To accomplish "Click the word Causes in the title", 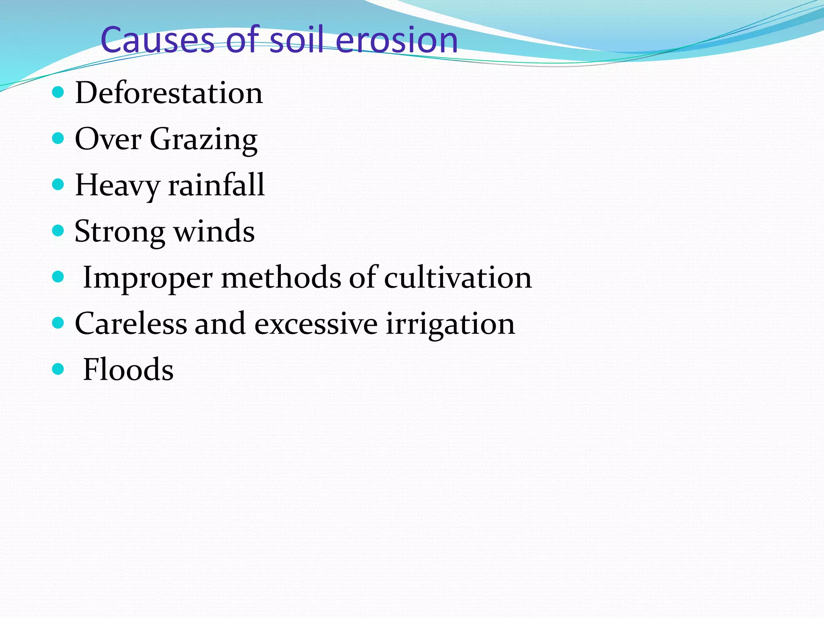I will [157, 40].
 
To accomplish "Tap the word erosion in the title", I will [396, 40].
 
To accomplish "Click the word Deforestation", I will [169, 93].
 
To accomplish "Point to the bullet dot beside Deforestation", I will [58, 93].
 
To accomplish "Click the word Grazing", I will [204, 140].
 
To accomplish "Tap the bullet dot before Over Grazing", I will [58, 139].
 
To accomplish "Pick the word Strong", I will [119, 233].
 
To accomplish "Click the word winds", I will [214, 232].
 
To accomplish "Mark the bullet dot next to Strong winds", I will [58, 231].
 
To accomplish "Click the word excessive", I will [316, 324].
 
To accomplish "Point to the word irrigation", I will [450, 324].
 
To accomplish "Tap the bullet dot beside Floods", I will [58, 369].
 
